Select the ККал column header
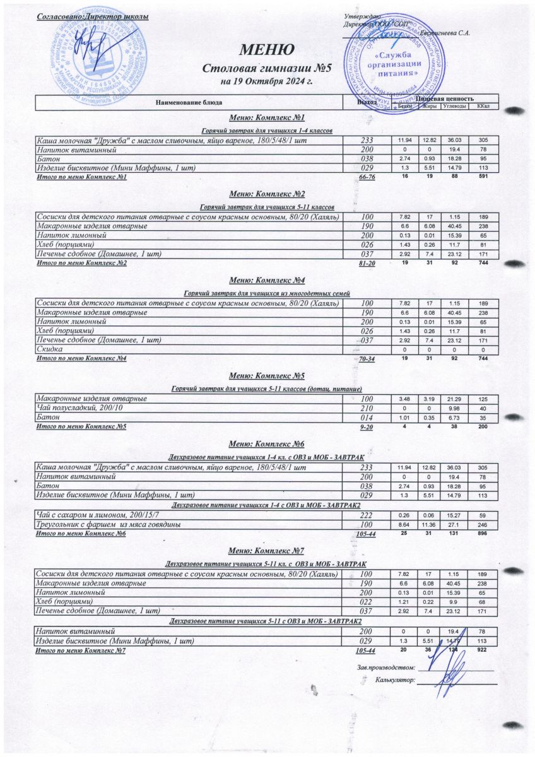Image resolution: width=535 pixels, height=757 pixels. tap(484, 106)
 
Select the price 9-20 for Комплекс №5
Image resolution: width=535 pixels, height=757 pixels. tap(367, 428)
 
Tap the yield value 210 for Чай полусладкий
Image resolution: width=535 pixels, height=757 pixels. tap(367, 408)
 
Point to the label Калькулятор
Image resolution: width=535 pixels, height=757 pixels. tap(394, 680)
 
